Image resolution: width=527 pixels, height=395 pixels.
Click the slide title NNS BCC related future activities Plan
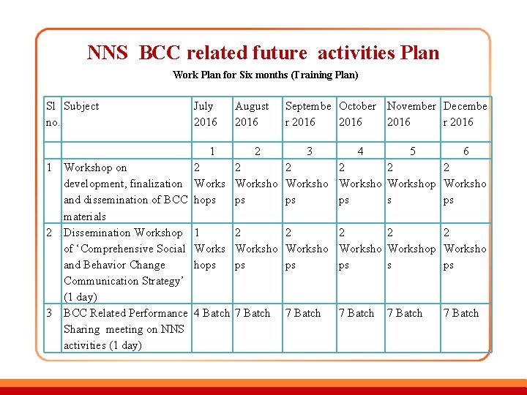click(x=263, y=53)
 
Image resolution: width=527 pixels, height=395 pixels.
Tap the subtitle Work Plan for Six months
click(x=265, y=75)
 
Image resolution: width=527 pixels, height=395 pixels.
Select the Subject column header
click(x=81, y=106)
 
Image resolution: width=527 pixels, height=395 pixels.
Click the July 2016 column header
click(x=205, y=114)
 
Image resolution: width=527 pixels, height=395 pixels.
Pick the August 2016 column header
click(x=252, y=114)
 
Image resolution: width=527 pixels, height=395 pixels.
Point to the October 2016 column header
click(x=357, y=114)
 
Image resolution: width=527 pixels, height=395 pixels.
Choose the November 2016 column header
click(x=411, y=114)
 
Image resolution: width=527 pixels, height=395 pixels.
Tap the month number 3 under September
click(x=310, y=151)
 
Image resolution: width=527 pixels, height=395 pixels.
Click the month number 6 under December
click(x=466, y=151)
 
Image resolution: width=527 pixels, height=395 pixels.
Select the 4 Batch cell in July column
click(x=212, y=313)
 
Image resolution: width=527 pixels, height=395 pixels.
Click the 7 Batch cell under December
click(x=461, y=313)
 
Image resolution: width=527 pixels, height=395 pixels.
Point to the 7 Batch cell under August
click(x=253, y=313)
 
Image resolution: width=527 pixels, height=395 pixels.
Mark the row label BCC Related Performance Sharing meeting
click(x=125, y=329)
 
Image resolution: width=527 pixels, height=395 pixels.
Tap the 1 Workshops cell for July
click(x=209, y=249)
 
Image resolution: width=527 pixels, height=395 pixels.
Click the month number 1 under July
click(x=212, y=151)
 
